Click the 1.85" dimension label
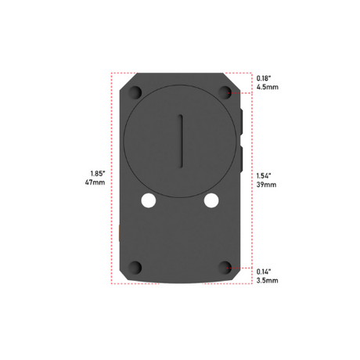(98, 173)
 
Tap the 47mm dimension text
(95, 182)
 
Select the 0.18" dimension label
(264, 78)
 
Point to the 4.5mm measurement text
(268, 87)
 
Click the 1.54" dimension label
(264, 176)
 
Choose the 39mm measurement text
(266, 185)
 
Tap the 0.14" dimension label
(264, 272)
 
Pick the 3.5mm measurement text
(268, 280)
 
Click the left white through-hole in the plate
(149, 200)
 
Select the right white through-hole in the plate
(211, 200)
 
